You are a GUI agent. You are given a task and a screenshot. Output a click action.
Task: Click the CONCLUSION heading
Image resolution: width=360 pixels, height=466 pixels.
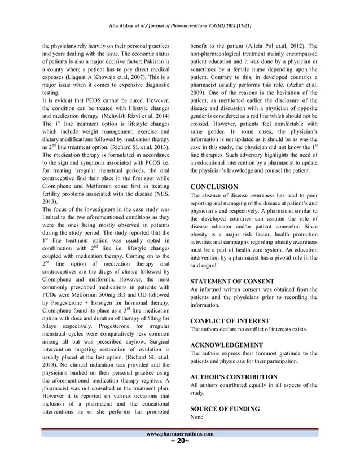click(214, 186)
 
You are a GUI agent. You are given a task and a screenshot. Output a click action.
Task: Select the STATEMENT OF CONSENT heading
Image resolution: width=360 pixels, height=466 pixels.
click(232, 281)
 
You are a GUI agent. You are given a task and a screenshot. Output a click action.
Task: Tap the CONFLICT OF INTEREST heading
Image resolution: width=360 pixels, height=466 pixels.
click(230, 320)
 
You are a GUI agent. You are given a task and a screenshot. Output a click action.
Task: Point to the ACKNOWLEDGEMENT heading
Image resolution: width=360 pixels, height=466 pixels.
click(226, 344)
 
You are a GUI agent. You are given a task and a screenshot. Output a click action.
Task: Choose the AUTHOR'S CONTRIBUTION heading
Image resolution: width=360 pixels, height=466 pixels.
click(234, 376)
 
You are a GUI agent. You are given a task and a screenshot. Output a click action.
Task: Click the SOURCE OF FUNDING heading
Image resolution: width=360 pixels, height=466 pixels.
click(225, 408)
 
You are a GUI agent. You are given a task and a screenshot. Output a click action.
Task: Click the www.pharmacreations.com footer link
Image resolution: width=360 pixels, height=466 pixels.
click(180, 434)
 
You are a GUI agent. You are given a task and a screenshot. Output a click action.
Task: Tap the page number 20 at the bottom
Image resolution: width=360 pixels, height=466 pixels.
click(180, 441)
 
